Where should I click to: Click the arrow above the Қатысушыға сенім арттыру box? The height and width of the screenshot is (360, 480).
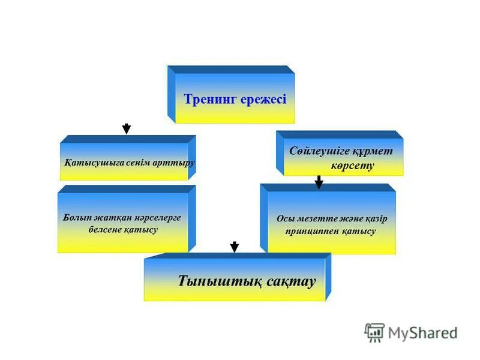pos(127,128)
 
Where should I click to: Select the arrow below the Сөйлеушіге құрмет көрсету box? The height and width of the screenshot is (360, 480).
pos(319,182)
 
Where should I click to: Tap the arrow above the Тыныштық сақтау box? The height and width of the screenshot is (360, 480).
pos(235,247)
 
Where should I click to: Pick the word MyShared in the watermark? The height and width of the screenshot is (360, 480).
pos(422,332)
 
